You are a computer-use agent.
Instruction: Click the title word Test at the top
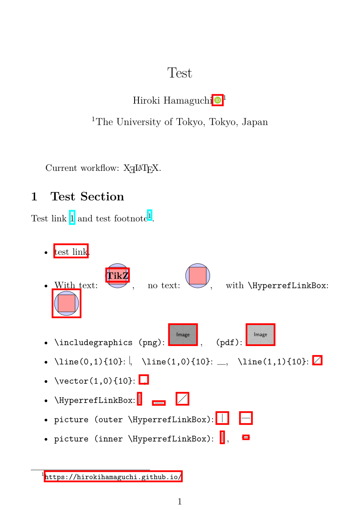pos(180,73)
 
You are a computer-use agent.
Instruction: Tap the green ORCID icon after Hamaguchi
pos(218,100)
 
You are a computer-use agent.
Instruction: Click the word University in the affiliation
pos(138,122)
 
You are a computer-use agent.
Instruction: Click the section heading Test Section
pos(87,197)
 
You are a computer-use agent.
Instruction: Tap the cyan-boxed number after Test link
pos(72,218)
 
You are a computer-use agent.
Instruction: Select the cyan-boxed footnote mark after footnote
pos(150,215)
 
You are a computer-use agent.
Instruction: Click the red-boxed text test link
pos(71,252)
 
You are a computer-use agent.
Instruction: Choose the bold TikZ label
pos(118,275)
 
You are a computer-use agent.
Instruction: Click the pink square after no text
pos(198,275)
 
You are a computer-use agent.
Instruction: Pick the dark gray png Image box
pos(183,334)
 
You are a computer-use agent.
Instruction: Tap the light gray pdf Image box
pos(260,334)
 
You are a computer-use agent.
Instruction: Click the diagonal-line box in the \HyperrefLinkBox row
pos(183,399)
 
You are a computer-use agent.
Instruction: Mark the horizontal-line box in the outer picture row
pos(246,418)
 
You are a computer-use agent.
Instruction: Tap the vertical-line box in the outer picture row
pos(222,418)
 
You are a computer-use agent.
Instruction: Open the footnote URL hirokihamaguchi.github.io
pos(113,477)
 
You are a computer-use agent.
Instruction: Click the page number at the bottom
pos(180,501)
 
